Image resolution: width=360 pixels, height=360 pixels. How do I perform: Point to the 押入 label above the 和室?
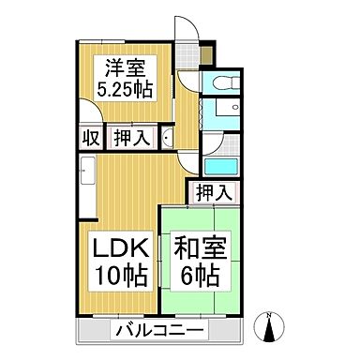[x=215, y=192]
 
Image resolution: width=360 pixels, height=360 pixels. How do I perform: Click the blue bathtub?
[x=219, y=167]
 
